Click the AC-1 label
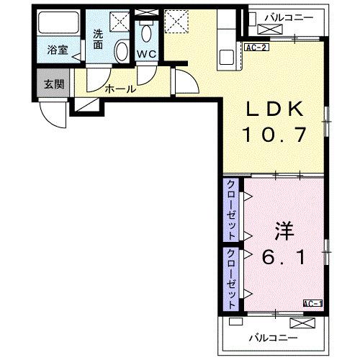pyautogui.click(x=312, y=304)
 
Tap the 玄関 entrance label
pyautogui.click(x=53, y=84)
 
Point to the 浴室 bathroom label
pyautogui.click(x=57, y=50)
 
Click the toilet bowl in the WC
pyautogui.click(x=146, y=32)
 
